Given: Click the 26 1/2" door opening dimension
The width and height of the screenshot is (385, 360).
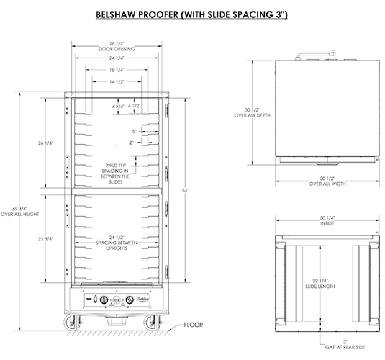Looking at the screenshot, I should click(117, 46).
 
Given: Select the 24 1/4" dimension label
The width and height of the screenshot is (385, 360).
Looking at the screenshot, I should click(117, 58).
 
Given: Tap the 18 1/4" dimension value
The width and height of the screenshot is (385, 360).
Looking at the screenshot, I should click(117, 70).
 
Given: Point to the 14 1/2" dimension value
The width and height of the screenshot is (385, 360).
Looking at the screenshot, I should click(117, 82).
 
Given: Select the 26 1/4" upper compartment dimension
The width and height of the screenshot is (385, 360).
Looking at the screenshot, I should click(45, 143).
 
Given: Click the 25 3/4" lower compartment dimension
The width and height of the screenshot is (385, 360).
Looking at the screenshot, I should click(45, 239).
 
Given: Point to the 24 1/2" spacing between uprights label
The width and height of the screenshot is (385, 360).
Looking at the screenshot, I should click(117, 243).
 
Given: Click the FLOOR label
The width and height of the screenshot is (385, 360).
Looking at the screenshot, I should click(193, 325).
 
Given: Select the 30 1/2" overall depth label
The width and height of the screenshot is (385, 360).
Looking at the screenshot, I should click(252, 112).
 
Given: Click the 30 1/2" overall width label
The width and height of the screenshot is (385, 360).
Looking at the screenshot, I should click(327, 181).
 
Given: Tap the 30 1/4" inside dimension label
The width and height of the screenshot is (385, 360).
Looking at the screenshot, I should click(327, 220).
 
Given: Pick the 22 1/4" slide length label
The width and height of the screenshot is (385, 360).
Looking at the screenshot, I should click(320, 283).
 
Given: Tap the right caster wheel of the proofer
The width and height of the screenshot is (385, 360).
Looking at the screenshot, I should click(150, 323).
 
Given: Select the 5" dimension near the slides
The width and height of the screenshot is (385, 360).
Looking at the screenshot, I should click(135, 131).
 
